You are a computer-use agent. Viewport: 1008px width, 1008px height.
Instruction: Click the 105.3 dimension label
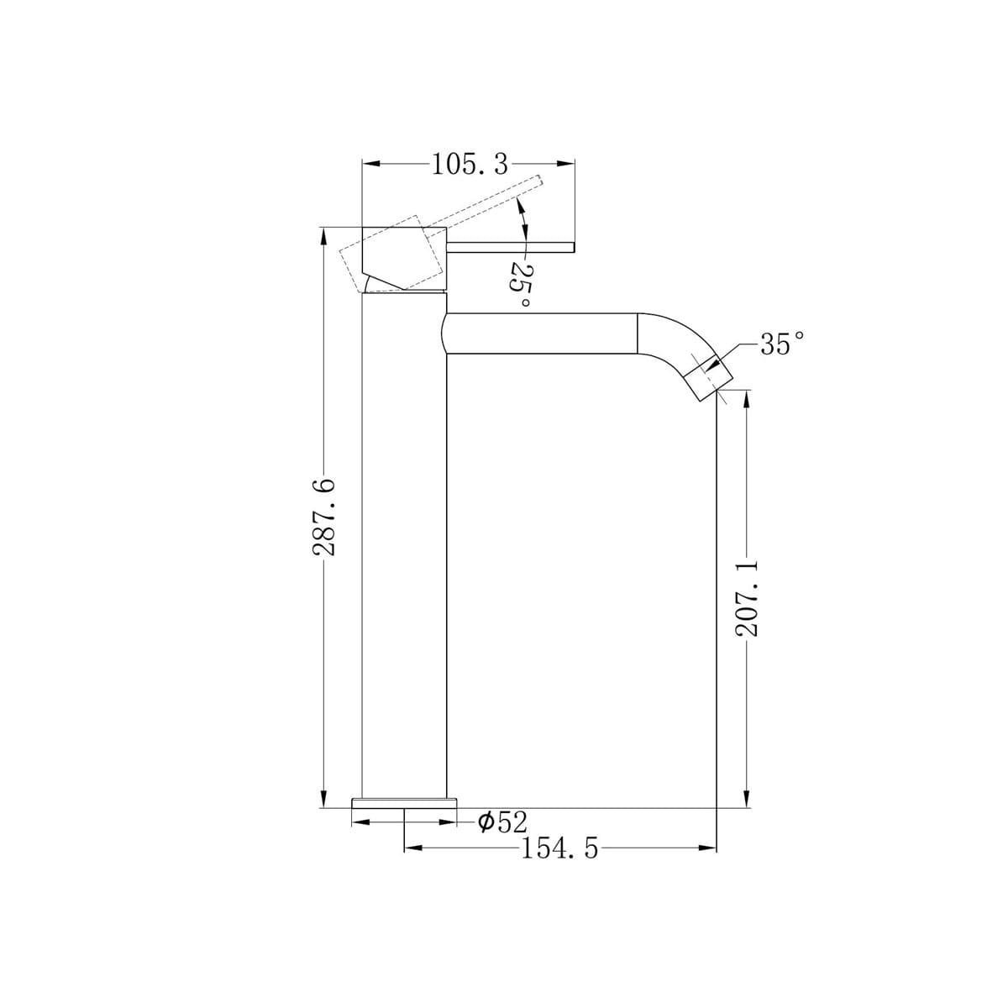pos(470,164)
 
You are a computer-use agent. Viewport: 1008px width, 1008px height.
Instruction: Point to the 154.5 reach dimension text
pos(559,848)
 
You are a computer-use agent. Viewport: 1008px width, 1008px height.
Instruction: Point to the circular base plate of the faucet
pos(404,803)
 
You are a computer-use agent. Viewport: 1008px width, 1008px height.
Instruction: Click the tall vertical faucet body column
pos(404,546)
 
